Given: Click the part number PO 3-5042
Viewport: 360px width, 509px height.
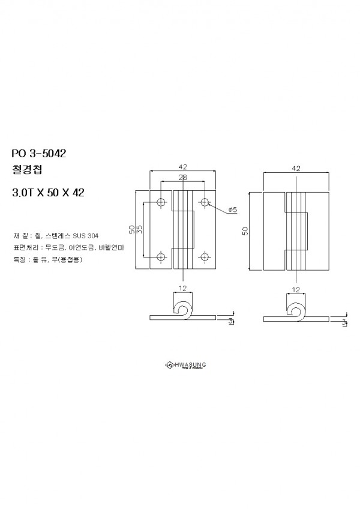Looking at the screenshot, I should coord(38,153).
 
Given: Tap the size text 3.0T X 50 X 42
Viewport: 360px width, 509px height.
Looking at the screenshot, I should coord(48,193).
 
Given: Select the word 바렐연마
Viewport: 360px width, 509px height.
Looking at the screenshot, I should coord(112,247).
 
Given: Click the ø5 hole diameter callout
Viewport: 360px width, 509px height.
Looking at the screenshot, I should coord(233,209).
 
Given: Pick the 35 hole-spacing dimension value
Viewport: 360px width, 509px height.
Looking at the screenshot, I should coord(139,230).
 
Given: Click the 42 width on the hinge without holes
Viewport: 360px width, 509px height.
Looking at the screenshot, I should coord(296,169).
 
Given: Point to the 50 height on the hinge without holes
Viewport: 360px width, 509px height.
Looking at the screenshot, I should coord(245,231).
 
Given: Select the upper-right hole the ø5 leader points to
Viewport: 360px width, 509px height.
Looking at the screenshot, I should coord(205,202).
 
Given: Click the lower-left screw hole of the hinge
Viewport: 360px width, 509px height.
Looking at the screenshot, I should coord(161,258).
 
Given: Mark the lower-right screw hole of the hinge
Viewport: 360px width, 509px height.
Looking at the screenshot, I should coord(205,258).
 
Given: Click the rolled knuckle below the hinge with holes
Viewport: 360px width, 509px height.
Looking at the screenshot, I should coord(183,310).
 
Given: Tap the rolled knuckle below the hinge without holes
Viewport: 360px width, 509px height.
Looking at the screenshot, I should coord(295,310).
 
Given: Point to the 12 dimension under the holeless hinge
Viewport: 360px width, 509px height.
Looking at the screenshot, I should coord(295,289).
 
